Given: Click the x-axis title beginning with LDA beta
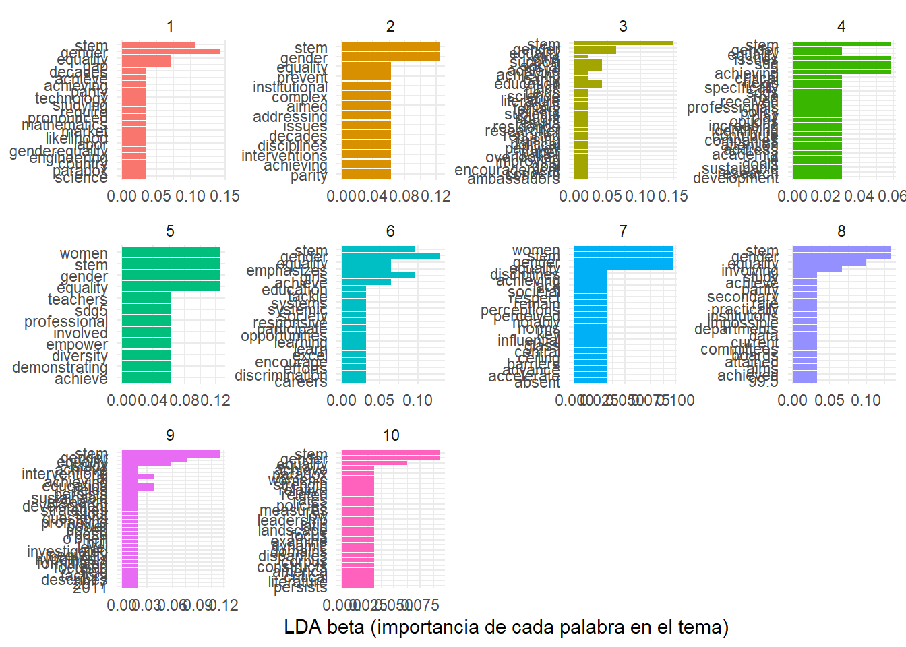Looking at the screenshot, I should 506,627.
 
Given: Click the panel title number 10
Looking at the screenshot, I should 391,435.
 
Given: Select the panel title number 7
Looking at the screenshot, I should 623,231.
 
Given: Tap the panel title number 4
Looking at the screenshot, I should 841,26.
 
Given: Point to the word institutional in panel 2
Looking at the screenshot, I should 290,88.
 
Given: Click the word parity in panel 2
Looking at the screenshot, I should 309,175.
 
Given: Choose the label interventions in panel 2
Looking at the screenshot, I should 284,156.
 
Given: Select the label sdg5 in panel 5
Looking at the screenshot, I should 91,311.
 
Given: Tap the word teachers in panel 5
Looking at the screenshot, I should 78,299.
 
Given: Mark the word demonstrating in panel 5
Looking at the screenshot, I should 60,367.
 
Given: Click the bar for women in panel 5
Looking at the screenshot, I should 171,252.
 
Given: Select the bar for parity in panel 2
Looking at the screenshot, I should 366,174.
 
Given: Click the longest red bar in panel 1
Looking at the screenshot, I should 171,51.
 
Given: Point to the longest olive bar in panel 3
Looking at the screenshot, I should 623,43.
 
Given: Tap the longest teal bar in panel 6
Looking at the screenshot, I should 390,256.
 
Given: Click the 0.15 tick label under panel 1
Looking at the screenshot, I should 224,196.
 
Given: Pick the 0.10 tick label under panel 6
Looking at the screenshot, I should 418,400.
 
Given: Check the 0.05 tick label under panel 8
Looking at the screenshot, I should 829,400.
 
